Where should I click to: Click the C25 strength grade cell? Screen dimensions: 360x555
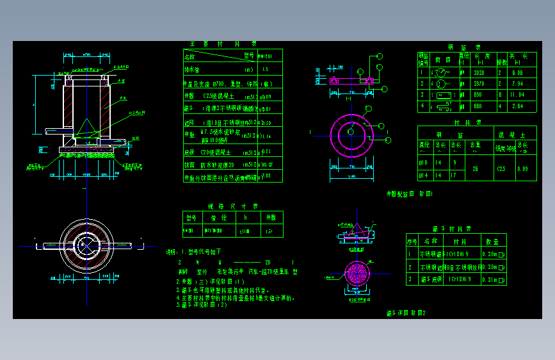[x=503, y=168]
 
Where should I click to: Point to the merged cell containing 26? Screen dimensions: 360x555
[x=474, y=168]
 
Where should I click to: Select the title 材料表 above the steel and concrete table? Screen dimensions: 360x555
[x=463, y=121]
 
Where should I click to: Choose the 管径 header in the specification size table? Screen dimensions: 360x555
[x=212, y=217]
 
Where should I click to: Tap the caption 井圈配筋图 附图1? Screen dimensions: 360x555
[x=410, y=193]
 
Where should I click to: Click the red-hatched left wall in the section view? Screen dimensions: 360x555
[x=67, y=110]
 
